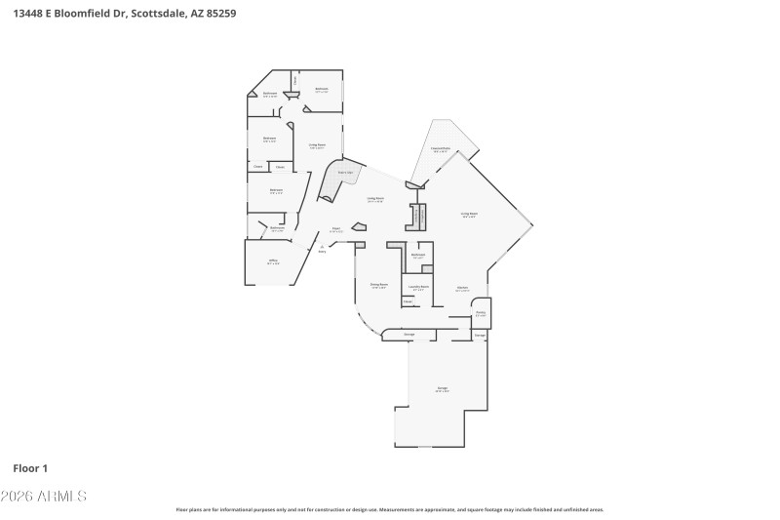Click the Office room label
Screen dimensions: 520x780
(x=274, y=261)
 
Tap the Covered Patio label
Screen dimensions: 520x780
(x=440, y=149)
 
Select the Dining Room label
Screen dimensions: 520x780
(x=378, y=286)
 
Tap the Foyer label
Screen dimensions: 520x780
(x=335, y=229)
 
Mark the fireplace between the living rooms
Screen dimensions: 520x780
(x=418, y=217)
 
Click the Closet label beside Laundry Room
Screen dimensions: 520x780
(x=408, y=301)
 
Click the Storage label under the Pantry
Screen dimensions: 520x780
(x=480, y=335)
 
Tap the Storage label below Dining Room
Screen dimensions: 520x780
(x=409, y=335)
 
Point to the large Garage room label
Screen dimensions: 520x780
(x=442, y=389)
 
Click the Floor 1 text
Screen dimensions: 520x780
(x=30, y=468)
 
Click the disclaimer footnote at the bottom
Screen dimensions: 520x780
(x=390, y=509)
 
